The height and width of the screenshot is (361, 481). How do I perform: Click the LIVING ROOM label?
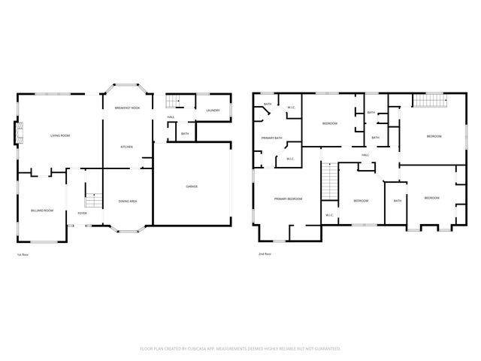point(60,135)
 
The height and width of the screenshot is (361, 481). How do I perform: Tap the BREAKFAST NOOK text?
point(127,109)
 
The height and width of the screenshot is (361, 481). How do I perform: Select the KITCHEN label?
point(127,147)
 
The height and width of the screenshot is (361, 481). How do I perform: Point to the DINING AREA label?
point(127,201)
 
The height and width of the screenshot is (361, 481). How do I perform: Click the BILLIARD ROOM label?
point(42,211)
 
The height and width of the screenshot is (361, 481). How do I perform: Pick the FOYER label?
point(82,214)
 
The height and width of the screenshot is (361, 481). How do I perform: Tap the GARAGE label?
point(192,186)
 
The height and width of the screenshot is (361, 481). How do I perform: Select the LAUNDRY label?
point(213,111)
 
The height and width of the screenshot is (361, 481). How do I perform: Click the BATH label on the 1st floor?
point(185,134)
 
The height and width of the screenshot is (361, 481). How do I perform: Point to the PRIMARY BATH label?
point(271,138)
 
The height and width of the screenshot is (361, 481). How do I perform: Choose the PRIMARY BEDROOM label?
point(288,199)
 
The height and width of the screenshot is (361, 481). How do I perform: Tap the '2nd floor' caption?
point(264,254)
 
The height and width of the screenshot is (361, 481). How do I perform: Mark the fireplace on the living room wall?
point(18,135)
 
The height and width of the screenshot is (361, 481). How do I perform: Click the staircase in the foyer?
point(92,200)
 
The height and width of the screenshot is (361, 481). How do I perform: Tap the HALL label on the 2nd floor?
point(365,156)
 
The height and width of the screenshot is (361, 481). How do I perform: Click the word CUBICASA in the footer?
point(211,349)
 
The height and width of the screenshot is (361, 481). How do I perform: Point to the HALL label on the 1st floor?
point(171,117)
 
